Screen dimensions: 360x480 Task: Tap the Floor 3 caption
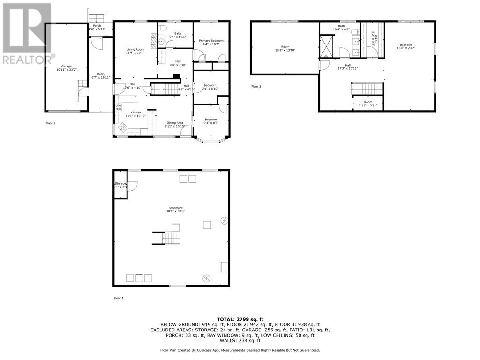256,86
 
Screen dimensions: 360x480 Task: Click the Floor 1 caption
119,298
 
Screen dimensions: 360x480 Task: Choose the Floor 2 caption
50,123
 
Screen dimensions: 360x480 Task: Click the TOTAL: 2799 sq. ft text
240,318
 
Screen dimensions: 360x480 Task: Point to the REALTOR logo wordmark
27,60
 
